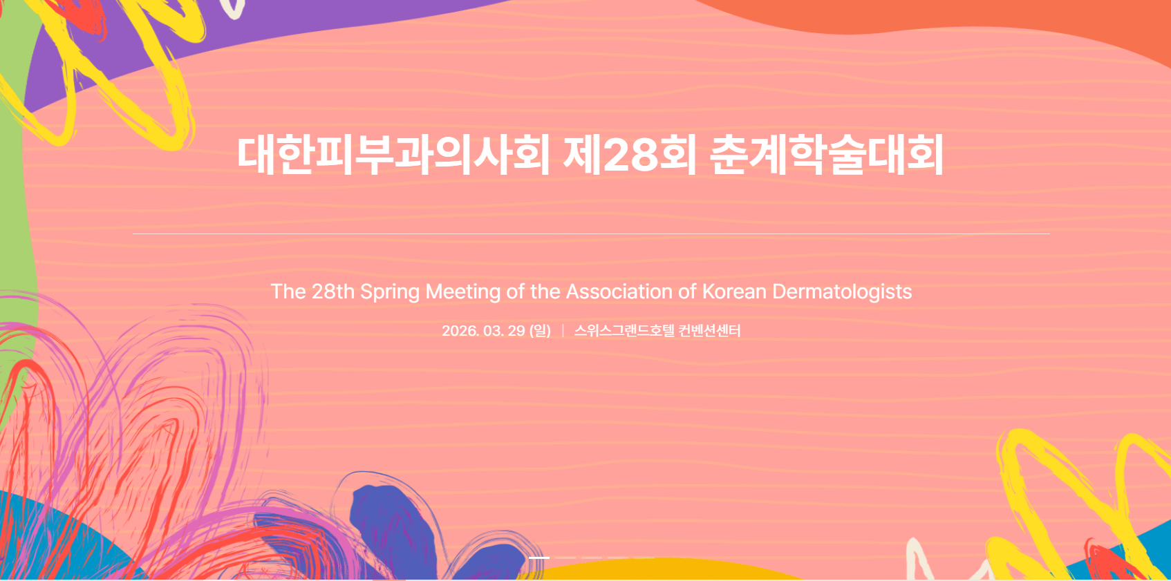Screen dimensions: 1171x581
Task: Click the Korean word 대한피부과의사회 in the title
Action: coord(393,155)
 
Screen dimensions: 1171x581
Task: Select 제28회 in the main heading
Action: coord(630,155)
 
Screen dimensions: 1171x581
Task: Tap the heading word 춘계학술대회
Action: coord(827,155)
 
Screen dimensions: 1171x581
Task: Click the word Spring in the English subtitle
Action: coord(389,292)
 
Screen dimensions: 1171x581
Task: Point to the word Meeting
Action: coord(462,292)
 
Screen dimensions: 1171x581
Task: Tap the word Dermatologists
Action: coord(842,292)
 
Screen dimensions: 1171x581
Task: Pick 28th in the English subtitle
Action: coord(333,291)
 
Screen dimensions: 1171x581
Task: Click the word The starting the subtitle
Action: coord(288,291)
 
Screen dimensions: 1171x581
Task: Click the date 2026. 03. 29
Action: coord(483,331)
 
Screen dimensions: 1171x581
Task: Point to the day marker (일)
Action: coord(540,331)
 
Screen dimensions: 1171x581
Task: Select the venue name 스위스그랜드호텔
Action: coord(624,331)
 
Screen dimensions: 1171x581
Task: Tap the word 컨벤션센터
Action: coord(709,331)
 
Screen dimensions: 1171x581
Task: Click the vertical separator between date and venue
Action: coord(563,331)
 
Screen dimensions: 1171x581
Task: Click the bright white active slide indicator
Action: coord(539,558)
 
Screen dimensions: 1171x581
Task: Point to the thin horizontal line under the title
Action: coord(591,234)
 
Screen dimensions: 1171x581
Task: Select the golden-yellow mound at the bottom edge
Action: coord(653,571)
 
